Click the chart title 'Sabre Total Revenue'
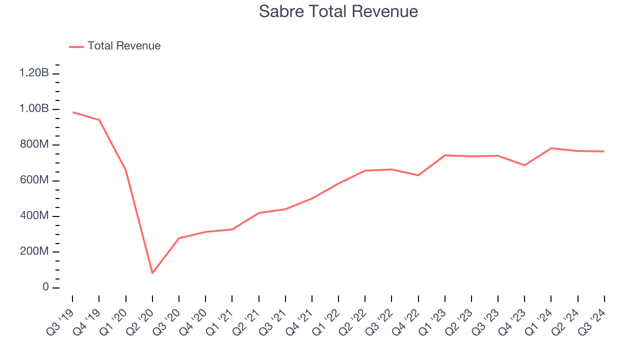pyautogui.click(x=338, y=11)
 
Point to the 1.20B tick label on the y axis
pyautogui.click(x=34, y=73)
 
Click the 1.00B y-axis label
pyautogui.click(x=34, y=109)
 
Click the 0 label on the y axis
pyautogui.click(x=45, y=288)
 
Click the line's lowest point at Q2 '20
pyautogui.click(x=152, y=273)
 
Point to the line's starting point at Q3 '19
pyautogui.click(x=73, y=112)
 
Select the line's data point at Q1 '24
pyautogui.click(x=551, y=148)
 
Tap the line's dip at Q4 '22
pyautogui.click(x=418, y=175)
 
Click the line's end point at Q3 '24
pyautogui.click(x=604, y=151)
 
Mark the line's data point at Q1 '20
pyautogui.click(x=126, y=170)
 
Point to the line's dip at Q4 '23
pyautogui.click(x=524, y=165)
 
